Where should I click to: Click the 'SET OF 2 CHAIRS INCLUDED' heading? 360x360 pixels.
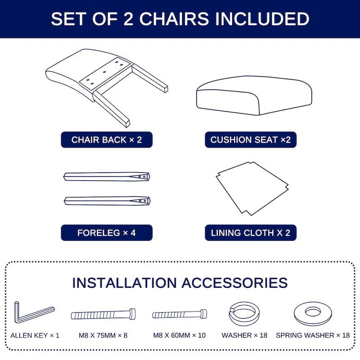click(180, 19)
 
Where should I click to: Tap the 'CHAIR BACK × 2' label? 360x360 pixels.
click(107, 139)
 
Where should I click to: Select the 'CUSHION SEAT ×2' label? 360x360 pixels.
click(251, 139)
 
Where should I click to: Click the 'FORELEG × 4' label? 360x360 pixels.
click(107, 233)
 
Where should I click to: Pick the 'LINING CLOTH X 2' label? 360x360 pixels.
click(251, 233)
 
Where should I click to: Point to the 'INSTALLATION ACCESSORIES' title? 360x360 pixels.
click(180, 283)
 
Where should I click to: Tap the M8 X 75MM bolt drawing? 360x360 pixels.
click(104, 314)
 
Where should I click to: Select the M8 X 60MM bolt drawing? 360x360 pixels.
click(180, 314)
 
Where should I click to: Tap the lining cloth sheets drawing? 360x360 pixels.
click(252, 187)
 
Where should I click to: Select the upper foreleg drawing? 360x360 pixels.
click(107, 176)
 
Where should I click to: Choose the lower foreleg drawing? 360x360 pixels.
click(107, 200)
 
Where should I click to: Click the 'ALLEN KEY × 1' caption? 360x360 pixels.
click(35, 336)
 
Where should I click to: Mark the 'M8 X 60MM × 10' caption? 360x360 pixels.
click(180, 336)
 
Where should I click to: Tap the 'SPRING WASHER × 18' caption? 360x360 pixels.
click(313, 336)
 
